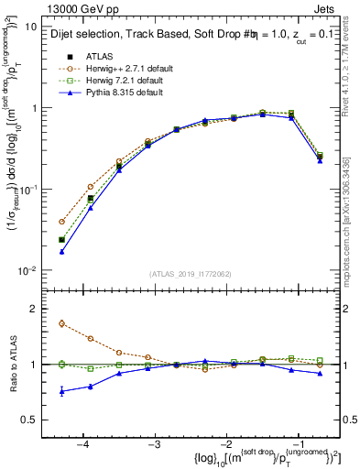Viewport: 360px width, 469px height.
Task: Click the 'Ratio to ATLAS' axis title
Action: tap(13, 365)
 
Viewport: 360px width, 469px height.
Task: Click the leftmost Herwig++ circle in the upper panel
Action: tap(61, 222)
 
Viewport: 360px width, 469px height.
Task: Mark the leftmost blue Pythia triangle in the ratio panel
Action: tap(61, 391)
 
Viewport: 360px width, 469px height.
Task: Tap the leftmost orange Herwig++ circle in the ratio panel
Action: tap(61, 323)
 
